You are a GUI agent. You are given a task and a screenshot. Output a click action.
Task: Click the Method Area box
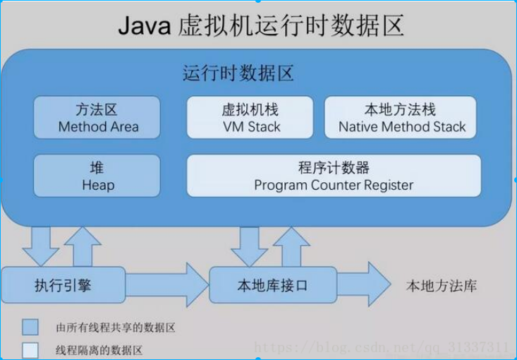point(97,117)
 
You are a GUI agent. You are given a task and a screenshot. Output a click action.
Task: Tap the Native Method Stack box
point(401,117)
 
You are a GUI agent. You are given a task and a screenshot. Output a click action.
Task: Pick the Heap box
point(97,176)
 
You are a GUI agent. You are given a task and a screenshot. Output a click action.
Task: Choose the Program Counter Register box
point(334,176)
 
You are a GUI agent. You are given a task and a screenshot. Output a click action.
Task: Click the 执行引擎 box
point(63,285)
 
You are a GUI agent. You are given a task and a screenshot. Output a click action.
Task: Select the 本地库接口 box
point(272,285)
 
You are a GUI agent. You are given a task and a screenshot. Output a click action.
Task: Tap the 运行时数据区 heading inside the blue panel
point(238,73)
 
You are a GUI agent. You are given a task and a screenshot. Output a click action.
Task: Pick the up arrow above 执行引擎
point(83,244)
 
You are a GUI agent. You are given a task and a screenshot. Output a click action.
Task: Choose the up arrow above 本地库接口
point(290,244)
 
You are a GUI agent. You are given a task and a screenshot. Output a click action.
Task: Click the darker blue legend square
point(30,327)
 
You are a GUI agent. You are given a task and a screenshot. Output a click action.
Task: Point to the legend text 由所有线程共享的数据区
point(115,328)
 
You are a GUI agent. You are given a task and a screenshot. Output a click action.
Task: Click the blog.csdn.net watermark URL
point(381,347)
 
